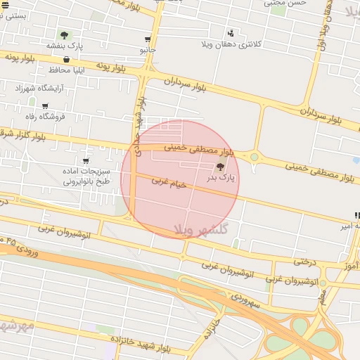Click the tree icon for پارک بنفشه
point(65,35)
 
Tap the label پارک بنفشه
point(65,46)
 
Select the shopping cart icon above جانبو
point(147,40)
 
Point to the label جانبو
point(147,51)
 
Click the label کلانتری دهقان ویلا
point(257,44)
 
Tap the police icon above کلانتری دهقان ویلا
point(231,33)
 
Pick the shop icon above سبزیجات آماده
point(86,161)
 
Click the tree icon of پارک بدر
point(221,167)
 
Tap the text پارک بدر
point(219,179)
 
